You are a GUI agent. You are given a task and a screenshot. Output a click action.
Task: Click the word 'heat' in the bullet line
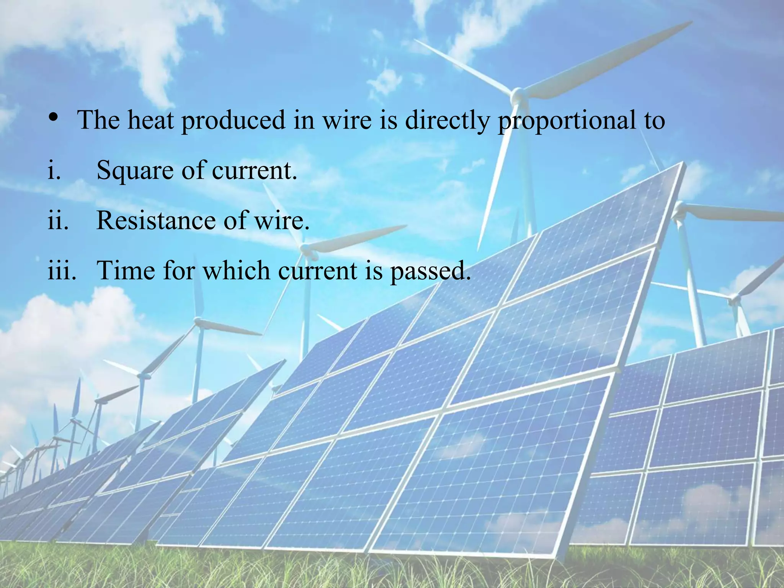coord(150,120)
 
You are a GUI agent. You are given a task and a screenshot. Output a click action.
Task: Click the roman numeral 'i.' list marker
coord(54,170)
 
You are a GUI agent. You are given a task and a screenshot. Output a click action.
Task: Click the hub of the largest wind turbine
coord(518,94)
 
